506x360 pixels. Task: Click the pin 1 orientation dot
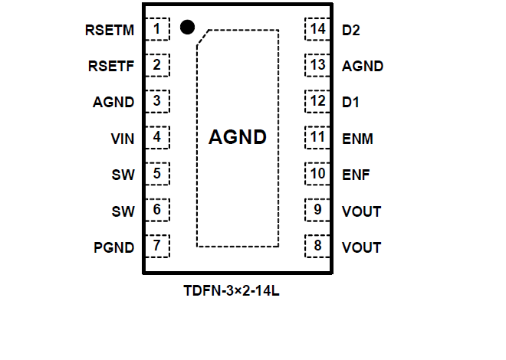pos(186,27)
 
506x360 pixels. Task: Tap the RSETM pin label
pos(110,31)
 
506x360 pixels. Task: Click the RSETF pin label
pos(112,66)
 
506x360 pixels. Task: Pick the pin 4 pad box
pos(157,138)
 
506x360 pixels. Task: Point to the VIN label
pos(123,139)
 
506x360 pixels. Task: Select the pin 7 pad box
pos(157,246)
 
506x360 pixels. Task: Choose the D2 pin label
pos(352,31)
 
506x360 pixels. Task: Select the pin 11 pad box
pos(317,138)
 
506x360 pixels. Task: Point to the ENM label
pos(358,139)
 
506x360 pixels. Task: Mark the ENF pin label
pos(356,175)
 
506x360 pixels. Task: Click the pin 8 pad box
pos(317,246)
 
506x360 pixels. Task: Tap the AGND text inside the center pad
pos(238,138)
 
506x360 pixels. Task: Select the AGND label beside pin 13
pos(363,66)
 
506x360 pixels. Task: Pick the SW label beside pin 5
pos(123,175)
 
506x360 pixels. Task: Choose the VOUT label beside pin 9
pos(362,211)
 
